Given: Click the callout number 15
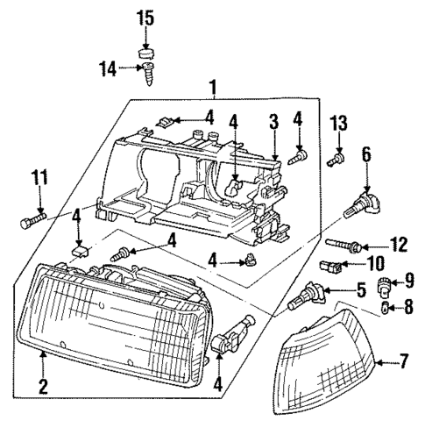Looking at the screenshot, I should pyautogui.click(x=145, y=17).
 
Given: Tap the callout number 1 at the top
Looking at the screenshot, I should pyautogui.click(x=211, y=87).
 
